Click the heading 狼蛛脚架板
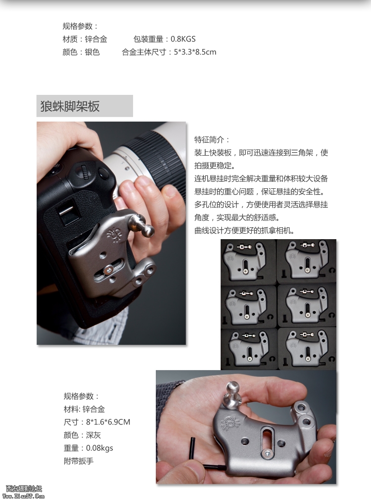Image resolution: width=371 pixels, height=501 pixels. point(70,106)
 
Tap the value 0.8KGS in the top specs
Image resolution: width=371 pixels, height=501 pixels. point(183,39)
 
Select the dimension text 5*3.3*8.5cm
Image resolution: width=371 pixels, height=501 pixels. point(195,52)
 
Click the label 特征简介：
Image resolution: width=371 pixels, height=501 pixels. point(212,140)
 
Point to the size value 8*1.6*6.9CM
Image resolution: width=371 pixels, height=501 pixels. point(108,422)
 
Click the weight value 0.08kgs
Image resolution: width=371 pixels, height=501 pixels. point(99,448)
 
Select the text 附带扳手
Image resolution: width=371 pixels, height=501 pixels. point(79,461)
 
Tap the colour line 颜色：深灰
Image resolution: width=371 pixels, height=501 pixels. point(82,435)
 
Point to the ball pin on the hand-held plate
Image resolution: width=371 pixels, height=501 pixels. point(233,395)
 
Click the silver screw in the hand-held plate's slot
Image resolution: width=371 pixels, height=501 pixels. point(267,453)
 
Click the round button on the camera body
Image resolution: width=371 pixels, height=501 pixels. point(103,173)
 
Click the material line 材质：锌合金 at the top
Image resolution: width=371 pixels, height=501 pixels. point(85,40)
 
